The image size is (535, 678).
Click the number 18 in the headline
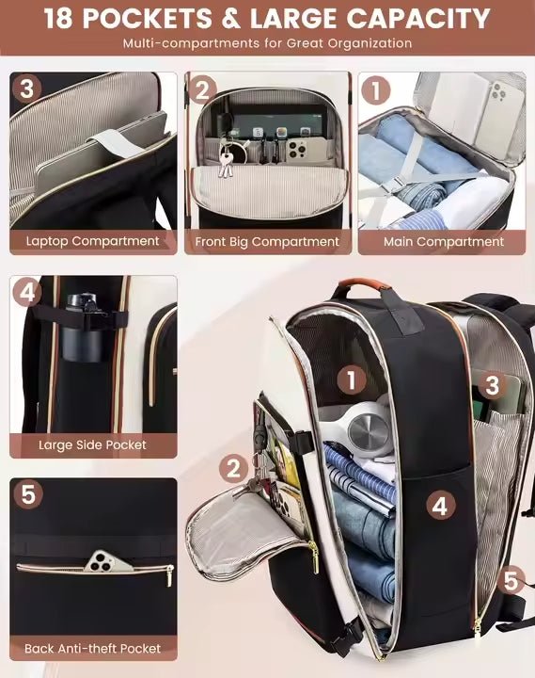point(58,19)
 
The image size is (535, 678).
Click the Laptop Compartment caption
point(93,241)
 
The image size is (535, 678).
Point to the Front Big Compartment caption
point(267,242)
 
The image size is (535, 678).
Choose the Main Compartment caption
point(444,241)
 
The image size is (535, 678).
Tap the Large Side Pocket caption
point(92,444)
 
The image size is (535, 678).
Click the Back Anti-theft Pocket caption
point(92,648)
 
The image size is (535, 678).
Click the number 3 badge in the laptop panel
point(26,89)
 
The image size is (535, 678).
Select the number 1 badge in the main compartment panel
point(375,90)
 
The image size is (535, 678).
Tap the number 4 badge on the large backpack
point(441,505)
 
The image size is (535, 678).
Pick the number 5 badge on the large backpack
point(511,580)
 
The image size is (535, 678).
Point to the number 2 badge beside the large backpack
point(233,469)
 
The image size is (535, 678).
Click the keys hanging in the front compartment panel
point(226,161)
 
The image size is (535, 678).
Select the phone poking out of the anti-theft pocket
point(108,561)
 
